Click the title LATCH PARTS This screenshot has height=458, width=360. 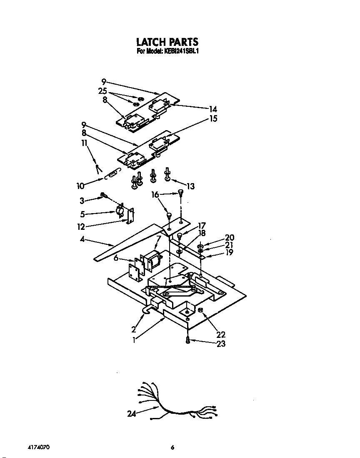tap(167, 42)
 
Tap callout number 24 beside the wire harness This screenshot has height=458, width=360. tap(132, 414)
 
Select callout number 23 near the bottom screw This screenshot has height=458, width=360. tap(221, 344)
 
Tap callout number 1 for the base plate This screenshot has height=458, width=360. tap(134, 340)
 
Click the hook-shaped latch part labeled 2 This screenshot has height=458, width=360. tap(148, 310)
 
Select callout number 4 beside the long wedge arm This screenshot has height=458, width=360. tap(82, 239)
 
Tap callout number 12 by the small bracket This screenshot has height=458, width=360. tap(81, 227)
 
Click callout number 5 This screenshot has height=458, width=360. tap(82, 214)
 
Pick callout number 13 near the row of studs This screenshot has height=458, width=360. tap(190, 186)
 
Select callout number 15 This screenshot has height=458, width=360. tap(213, 118)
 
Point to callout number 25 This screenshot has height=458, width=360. tap(102, 91)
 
